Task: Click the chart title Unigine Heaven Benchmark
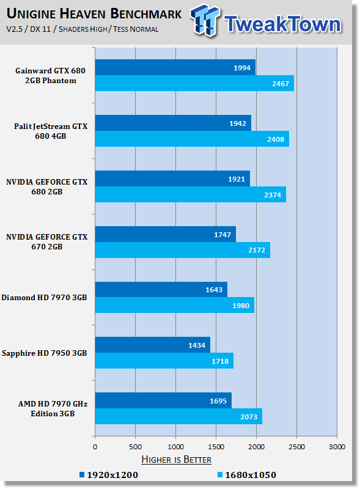point(94,13)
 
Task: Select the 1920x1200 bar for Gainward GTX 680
point(175,67)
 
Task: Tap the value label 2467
point(280,83)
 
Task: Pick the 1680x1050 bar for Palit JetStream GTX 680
point(191,139)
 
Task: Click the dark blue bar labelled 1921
point(172,178)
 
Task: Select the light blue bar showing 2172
point(182,250)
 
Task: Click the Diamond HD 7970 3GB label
point(44,298)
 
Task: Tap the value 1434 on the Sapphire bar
point(197,345)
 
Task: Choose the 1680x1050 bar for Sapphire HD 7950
point(164,361)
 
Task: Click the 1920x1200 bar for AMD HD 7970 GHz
point(163,401)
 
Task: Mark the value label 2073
point(248,417)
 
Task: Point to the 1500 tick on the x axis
point(216,447)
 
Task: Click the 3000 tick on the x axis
point(337,447)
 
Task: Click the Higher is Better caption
point(176,459)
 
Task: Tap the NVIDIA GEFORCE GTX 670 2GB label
point(47,242)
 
